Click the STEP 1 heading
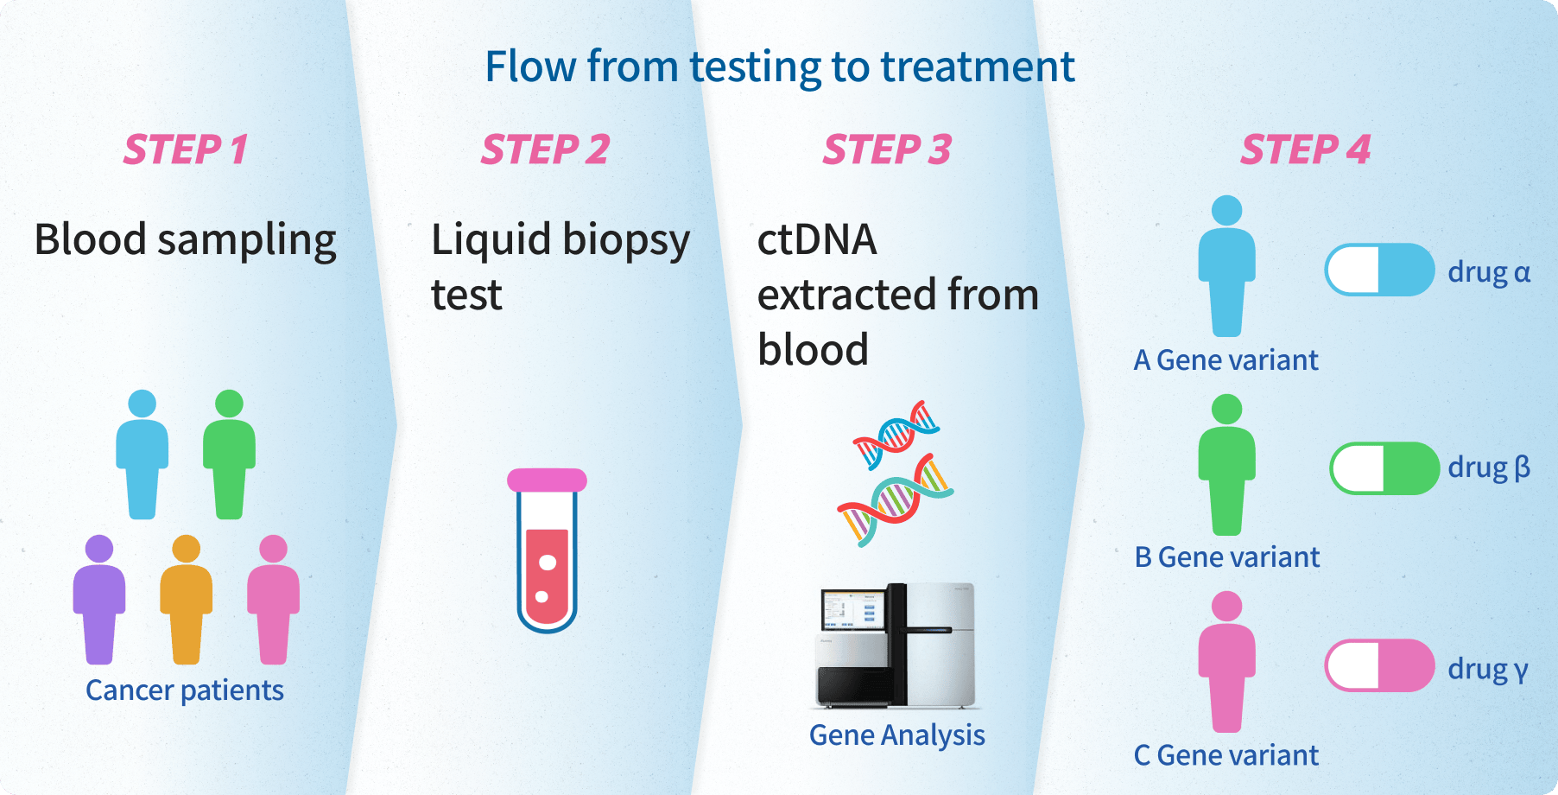point(186,149)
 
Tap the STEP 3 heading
point(887,149)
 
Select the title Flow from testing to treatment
point(780,67)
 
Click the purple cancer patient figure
point(99,600)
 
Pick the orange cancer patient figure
point(187,600)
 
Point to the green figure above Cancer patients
point(229,455)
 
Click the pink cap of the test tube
point(547,480)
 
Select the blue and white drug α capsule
point(1380,270)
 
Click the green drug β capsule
point(1384,468)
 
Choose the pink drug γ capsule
point(1380,665)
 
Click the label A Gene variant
point(1225,359)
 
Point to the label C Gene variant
point(1225,755)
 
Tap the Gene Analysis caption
point(896,735)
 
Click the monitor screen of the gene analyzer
point(852,609)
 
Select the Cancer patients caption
point(185,690)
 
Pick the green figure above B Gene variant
point(1226,465)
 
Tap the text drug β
point(1489,467)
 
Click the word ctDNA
point(817,239)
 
